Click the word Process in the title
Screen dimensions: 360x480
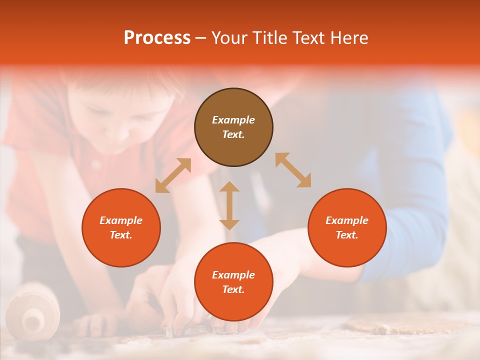[x=157, y=38]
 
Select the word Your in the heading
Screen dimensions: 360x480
[x=230, y=38]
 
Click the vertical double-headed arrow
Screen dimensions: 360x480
[x=229, y=205]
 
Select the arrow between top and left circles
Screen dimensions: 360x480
[x=173, y=175]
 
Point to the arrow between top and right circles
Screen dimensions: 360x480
[x=293, y=170]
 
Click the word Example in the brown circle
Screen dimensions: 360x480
[x=233, y=120]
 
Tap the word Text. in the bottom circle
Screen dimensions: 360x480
[x=233, y=289]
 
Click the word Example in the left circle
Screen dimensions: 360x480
[x=121, y=220]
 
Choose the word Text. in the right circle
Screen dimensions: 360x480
[x=347, y=235]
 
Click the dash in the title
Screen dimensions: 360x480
[x=201, y=38]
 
